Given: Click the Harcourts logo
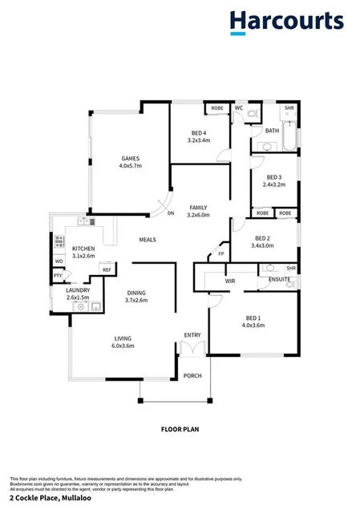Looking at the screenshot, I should [286, 22].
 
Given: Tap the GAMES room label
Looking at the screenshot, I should [131, 159].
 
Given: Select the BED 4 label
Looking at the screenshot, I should [199, 132].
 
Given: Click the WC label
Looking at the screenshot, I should [239, 107].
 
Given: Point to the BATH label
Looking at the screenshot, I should [273, 131].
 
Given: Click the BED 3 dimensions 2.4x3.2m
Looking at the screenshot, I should [274, 184].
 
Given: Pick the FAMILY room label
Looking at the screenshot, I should [198, 207].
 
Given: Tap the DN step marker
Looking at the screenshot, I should [171, 213].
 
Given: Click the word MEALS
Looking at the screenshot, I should [148, 240].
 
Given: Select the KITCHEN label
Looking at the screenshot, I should [84, 249].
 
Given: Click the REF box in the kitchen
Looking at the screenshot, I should [106, 270].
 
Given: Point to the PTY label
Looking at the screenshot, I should [58, 276].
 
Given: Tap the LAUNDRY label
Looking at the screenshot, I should [78, 289].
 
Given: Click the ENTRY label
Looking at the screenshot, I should [192, 335].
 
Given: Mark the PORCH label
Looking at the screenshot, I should [192, 375].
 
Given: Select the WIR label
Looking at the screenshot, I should [230, 281].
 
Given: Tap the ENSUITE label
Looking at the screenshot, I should [279, 279].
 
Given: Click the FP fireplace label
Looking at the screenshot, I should [221, 256].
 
